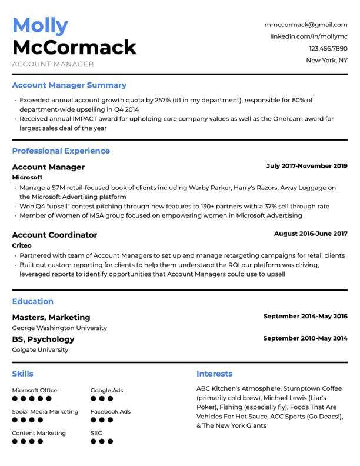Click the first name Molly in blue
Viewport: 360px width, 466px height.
click(40, 25)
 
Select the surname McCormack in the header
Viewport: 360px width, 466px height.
click(74, 47)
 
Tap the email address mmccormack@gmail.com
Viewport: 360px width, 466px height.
click(306, 25)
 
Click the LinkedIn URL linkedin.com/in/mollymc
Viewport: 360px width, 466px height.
click(309, 36)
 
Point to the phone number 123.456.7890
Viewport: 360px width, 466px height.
click(328, 48)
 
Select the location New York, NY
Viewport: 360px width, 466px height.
click(326, 60)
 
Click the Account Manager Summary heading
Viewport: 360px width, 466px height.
click(69, 85)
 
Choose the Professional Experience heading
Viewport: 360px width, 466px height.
click(61, 151)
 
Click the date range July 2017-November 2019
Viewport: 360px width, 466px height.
click(306, 166)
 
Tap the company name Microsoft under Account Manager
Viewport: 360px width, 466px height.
click(27, 177)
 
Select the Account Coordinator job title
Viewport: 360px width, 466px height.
click(54, 235)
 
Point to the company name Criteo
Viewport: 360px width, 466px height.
click(22, 245)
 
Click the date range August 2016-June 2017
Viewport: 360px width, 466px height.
click(311, 234)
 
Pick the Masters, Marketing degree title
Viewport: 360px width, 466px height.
click(51, 317)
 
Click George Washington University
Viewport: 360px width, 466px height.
click(59, 328)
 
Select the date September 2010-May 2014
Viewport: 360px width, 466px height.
click(305, 338)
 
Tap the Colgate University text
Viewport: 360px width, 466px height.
click(40, 349)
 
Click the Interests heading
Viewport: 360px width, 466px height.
click(214, 374)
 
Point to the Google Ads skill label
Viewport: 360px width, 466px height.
click(106, 390)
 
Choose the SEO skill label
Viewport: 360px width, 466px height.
click(96, 433)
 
